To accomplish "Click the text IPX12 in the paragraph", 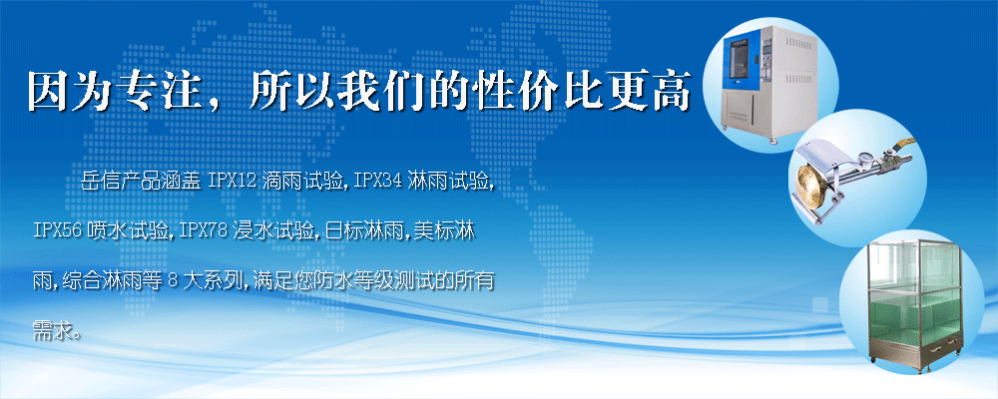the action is [232, 182].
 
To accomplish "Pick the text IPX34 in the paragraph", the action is [378, 182].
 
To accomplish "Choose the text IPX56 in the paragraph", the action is [57, 230].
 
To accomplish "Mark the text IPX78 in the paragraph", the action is [204, 230].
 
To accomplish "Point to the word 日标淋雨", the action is [357, 230].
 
